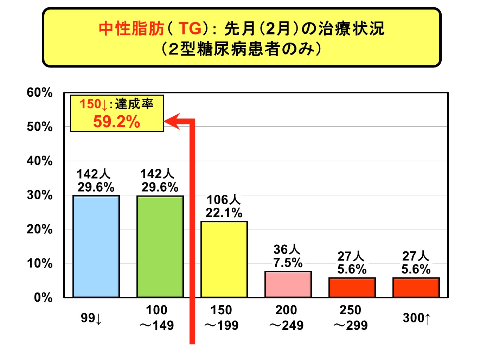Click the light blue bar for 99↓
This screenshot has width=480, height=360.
click(x=96, y=246)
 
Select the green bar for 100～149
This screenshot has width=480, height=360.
click(x=160, y=246)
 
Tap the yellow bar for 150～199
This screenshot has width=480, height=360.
click(x=224, y=259)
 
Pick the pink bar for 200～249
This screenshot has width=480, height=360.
click(x=288, y=284)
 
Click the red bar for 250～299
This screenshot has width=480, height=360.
click(x=352, y=288)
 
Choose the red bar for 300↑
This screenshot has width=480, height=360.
click(x=416, y=288)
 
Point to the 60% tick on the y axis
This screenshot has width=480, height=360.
click(x=39, y=93)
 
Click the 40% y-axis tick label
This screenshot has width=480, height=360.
click(x=39, y=161)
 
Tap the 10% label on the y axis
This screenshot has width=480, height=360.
click(x=39, y=264)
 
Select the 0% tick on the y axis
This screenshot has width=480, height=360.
click(x=43, y=298)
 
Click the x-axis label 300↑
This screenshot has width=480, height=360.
click(x=417, y=318)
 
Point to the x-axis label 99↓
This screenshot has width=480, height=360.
click(x=91, y=318)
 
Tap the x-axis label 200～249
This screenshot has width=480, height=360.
click(x=286, y=318)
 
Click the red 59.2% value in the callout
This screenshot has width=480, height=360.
click(x=116, y=122)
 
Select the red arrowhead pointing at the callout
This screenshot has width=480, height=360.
click(x=172, y=122)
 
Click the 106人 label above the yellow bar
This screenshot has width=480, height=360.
click(x=224, y=200)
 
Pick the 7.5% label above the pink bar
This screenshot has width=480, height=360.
click(x=288, y=263)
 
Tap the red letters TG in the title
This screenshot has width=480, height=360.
click(x=190, y=29)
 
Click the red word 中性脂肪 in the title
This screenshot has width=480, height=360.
click(x=132, y=29)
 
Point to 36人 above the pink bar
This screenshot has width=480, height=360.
click(x=287, y=250)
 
